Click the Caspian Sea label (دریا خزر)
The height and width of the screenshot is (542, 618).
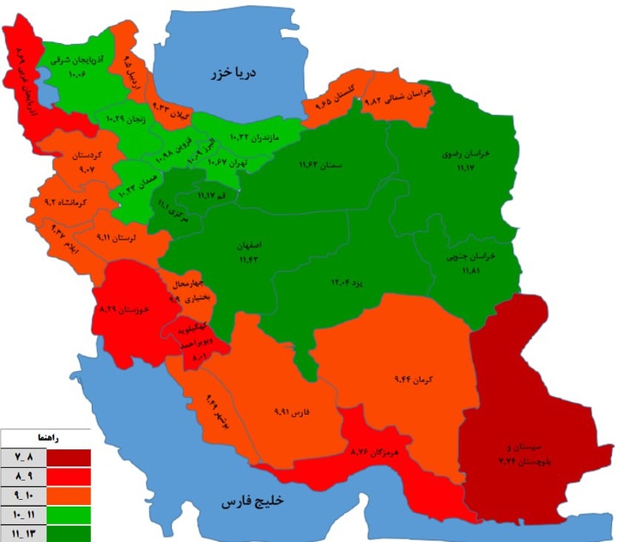pos(233,73)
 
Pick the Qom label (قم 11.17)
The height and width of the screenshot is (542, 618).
pos(212,196)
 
